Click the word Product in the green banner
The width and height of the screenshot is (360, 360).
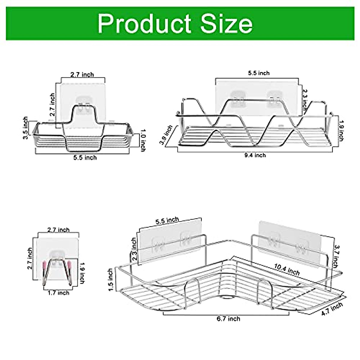pos(144,24)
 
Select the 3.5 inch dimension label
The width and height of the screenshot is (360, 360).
pos(25,128)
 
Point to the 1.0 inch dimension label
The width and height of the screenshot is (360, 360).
pos(143,140)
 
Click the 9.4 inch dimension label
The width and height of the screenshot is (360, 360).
pos(255,155)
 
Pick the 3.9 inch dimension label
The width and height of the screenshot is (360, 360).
pos(166,135)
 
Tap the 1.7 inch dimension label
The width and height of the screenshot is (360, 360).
pos(58,292)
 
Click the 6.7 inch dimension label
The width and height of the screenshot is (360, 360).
pos(228,319)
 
